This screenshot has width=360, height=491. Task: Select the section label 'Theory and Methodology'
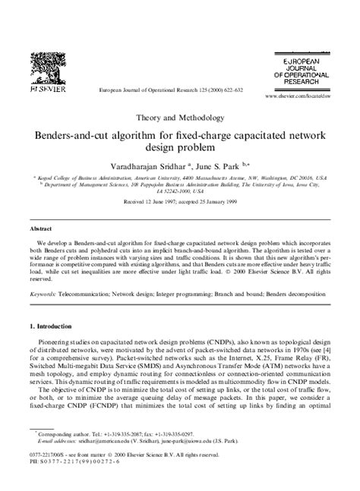coord(179,118)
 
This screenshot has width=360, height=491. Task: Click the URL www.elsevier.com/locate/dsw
coord(299,98)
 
